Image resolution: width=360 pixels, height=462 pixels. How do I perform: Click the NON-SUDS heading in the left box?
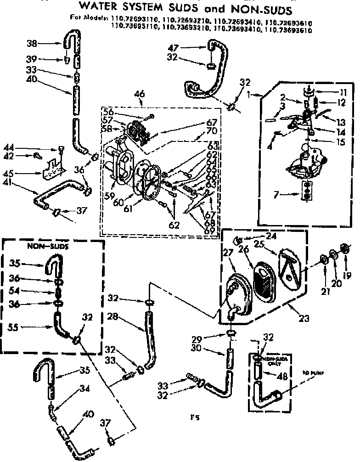41,246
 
